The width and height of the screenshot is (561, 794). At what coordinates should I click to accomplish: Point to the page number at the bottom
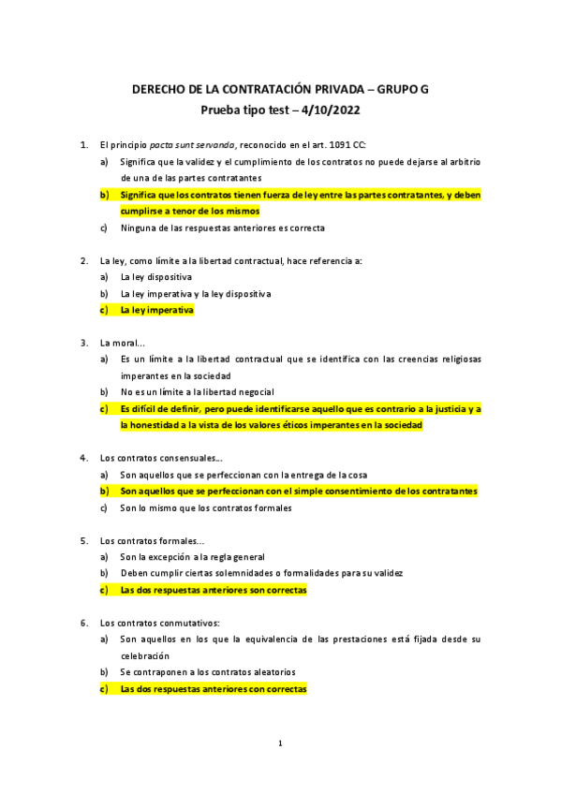[x=280, y=743]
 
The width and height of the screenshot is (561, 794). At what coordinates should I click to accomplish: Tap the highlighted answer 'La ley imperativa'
[x=156, y=310]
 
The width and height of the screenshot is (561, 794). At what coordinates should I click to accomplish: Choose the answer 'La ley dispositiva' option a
[x=156, y=277]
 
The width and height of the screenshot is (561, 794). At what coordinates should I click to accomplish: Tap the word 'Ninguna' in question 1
[x=138, y=228]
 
